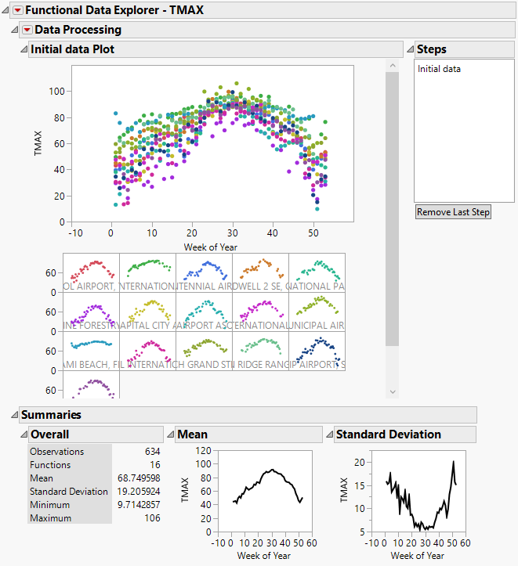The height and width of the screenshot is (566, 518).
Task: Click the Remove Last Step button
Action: click(x=453, y=212)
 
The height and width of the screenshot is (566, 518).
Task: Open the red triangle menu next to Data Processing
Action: click(x=27, y=30)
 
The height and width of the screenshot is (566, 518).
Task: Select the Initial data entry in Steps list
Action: click(x=439, y=69)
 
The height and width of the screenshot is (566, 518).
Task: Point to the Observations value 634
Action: click(x=151, y=452)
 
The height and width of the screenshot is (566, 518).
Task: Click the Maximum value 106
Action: click(x=151, y=518)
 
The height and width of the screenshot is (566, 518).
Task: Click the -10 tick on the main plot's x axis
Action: click(x=75, y=233)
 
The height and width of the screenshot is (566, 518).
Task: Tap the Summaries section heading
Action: click(x=51, y=415)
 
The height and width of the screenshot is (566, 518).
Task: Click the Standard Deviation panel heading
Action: click(x=389, y=434)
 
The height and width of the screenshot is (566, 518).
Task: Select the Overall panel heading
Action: click(x=50, y=434)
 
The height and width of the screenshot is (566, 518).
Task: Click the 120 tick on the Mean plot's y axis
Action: click(x=205, y=451)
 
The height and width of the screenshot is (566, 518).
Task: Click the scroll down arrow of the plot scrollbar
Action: click(x=393, y=391)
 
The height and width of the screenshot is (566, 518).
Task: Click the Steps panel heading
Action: click(x=432, y=49)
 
